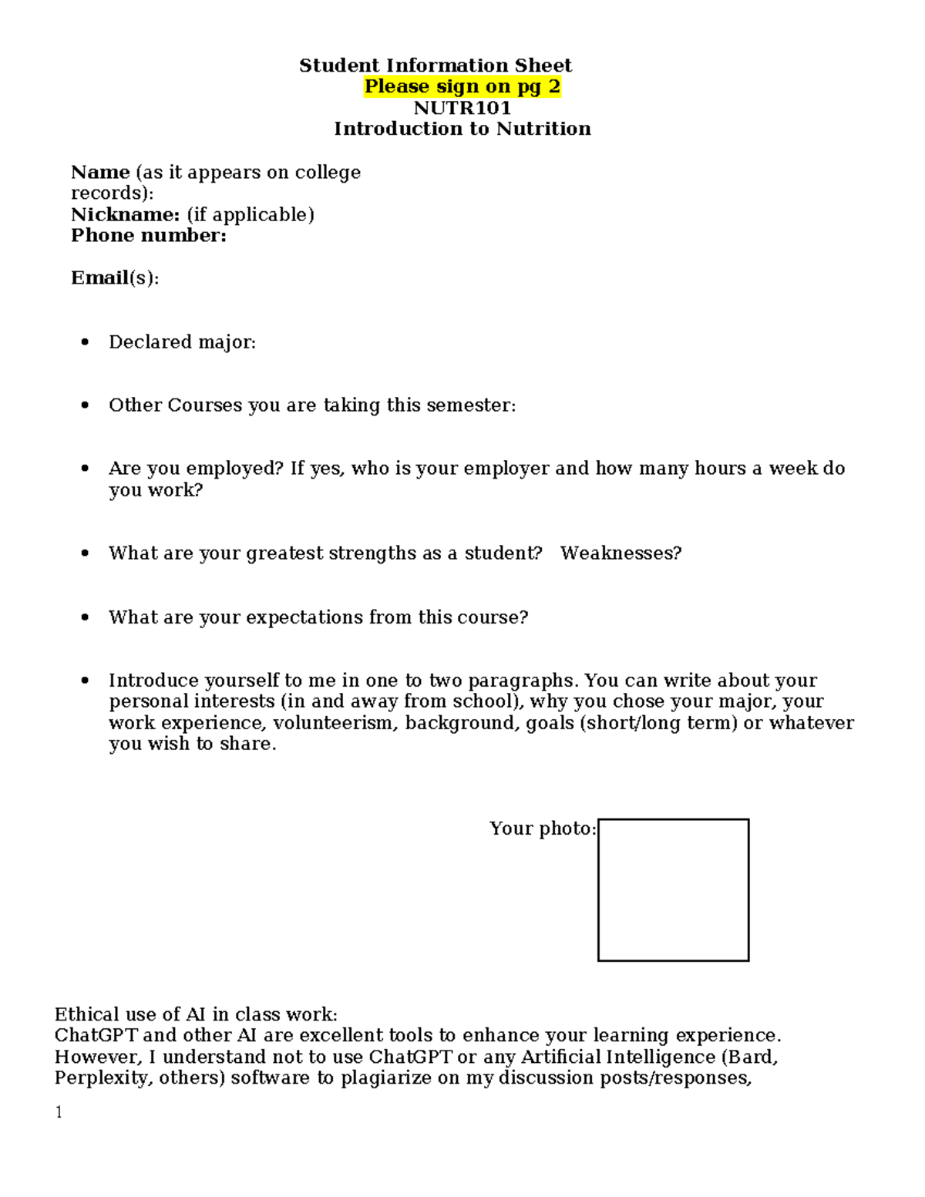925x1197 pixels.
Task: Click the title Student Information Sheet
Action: point(436,66)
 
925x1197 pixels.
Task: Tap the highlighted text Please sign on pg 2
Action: point(462,86)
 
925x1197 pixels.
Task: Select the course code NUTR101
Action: point(462,108)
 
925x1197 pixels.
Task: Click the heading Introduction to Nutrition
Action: point(462,129)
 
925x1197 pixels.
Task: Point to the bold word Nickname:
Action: point(125,214)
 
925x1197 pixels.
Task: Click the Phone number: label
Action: point(149,236)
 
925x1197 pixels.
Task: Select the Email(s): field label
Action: point(115,278)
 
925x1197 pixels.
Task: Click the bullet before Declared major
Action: point(85,341)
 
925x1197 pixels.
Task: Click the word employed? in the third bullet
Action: point(235,469)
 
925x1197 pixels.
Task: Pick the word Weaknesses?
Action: point(621,553)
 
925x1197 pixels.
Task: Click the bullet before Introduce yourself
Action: point(85,681)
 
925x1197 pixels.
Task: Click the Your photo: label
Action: point(543,829)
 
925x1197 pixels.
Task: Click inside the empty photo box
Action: point(673,890)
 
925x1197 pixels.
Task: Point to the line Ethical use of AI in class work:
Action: point(196,1014)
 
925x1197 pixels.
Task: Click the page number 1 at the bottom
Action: point(59,1112)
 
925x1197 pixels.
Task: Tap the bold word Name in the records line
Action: point(100,172)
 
